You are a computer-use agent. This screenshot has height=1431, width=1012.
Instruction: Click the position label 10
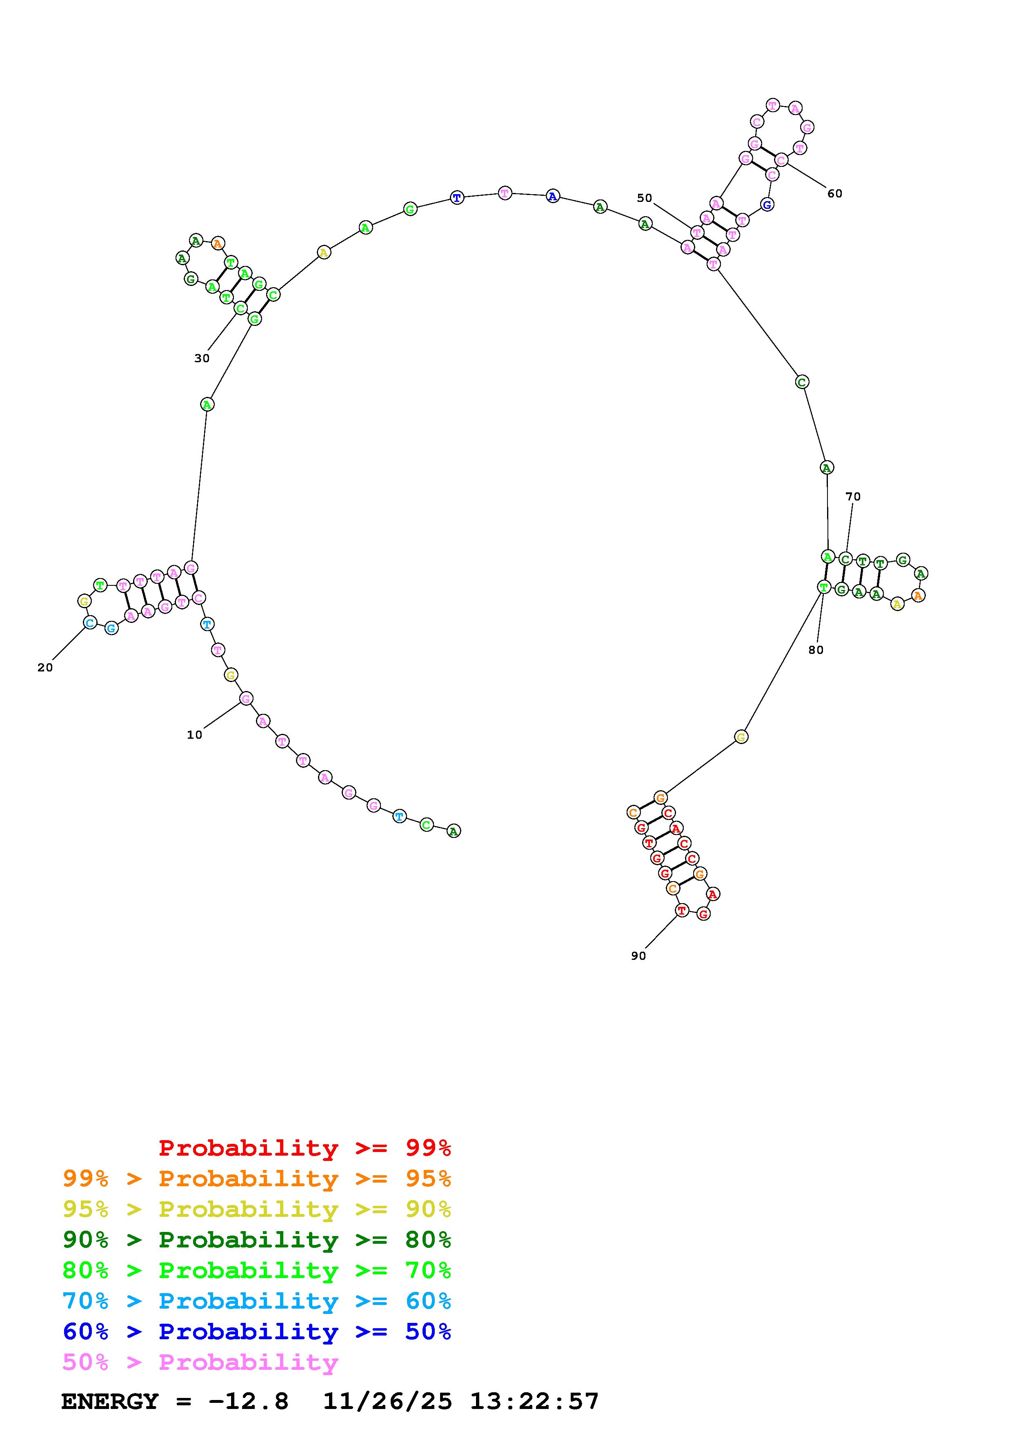[195, 735]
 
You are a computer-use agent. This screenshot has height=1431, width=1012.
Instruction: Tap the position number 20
[45, 667]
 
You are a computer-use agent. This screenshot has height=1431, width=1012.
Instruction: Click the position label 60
[835, 193]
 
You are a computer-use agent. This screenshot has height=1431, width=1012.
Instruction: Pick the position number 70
[853, 497]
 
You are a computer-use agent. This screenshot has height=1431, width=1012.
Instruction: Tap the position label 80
[816, 650]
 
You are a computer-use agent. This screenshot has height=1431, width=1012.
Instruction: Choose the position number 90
[638, 956]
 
